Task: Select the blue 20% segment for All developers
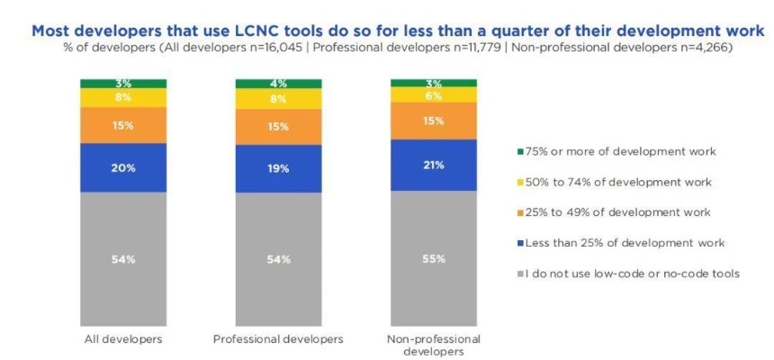[123, 167]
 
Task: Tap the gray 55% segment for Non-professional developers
[434, 258]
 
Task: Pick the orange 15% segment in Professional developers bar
[279, 127]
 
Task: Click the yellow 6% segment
[434, 94]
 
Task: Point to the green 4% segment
[279, 85]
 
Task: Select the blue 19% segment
[279, 167]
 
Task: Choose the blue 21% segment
[434, 165]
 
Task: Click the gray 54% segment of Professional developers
[279, 259]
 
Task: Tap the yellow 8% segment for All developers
[123, 97]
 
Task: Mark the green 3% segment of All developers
[123, 84]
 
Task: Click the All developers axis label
[123, 339]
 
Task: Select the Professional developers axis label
[279, 339]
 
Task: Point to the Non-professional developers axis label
[434, 345]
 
